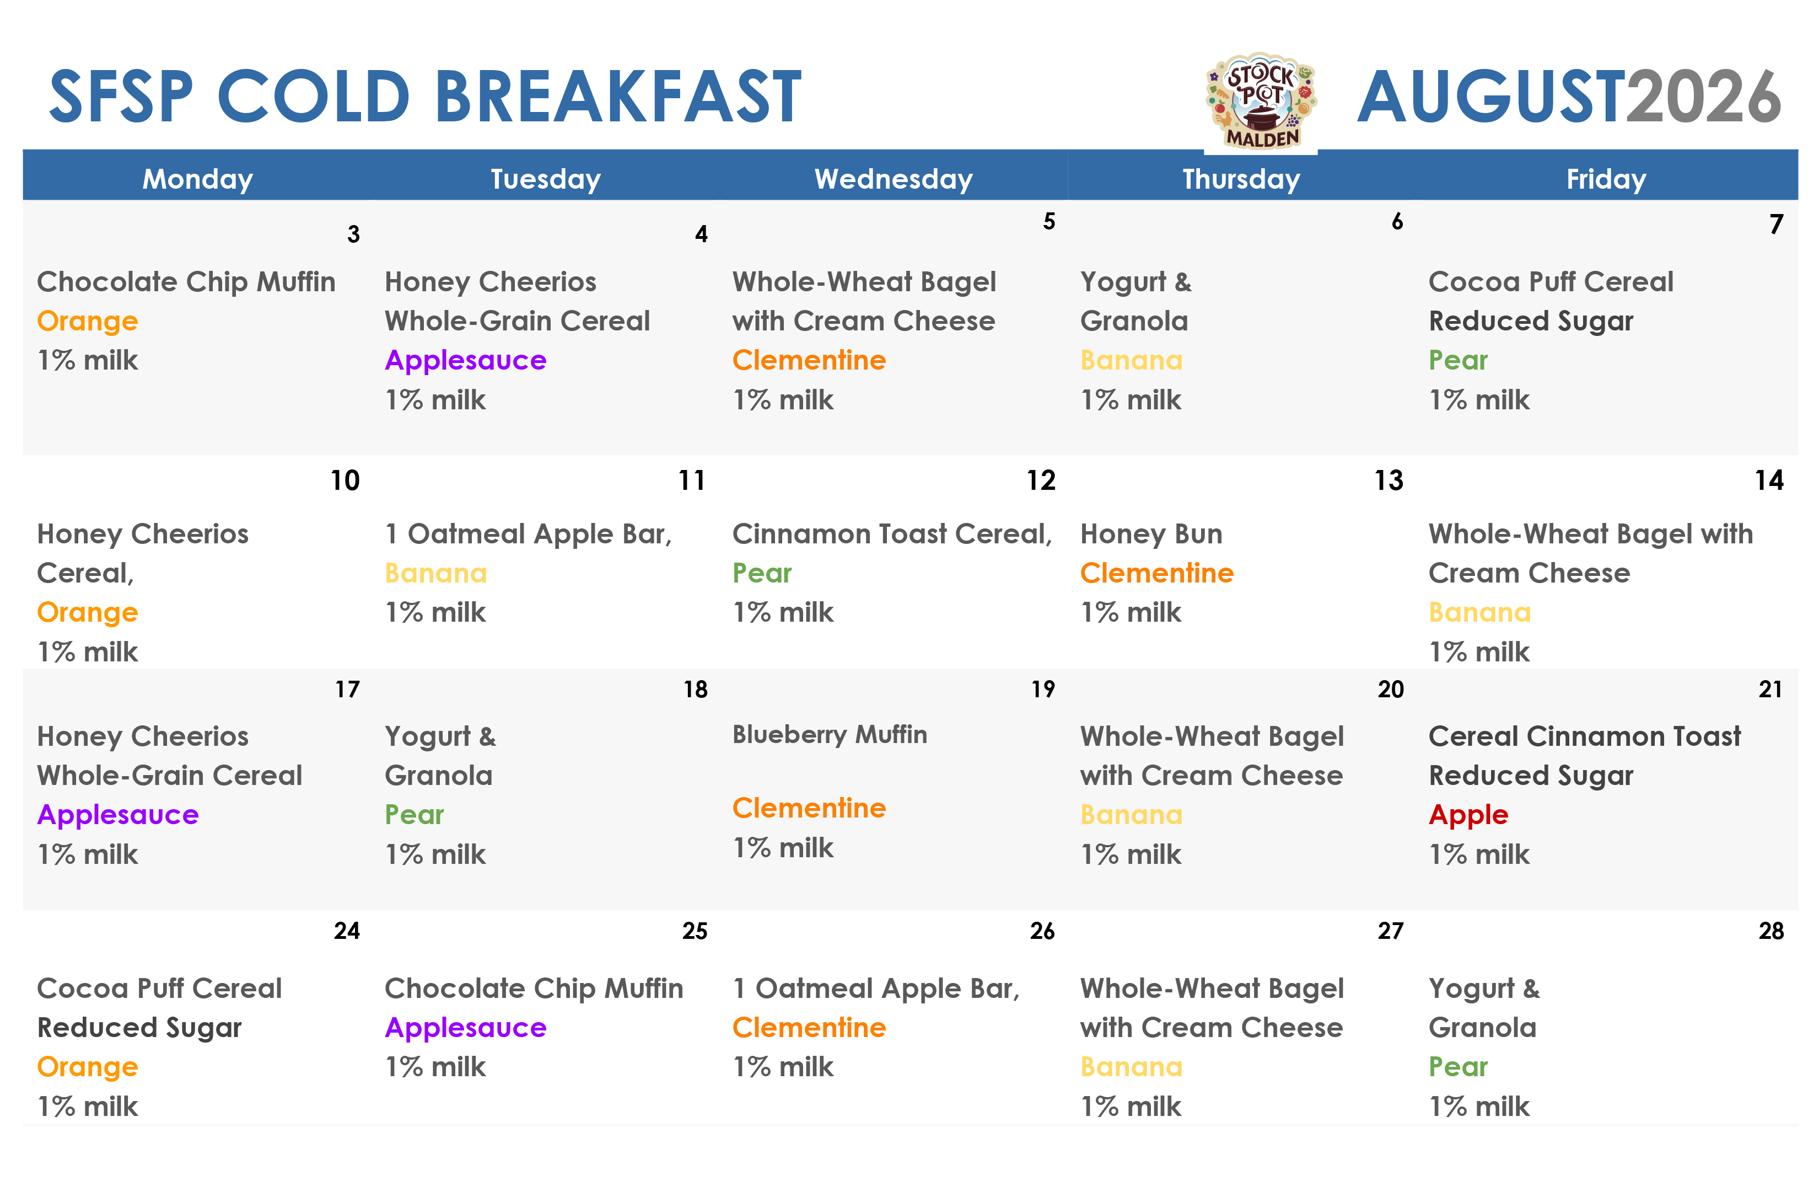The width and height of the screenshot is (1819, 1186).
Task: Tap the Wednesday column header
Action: (x=894, y=179)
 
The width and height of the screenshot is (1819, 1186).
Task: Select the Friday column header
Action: (x=1606, y=179)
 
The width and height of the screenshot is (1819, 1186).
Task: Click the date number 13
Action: (x=1389, y=480)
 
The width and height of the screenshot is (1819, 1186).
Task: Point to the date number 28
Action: (x=1771, y=931)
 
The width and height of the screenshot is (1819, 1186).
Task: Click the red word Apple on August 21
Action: (x=1468, y=816)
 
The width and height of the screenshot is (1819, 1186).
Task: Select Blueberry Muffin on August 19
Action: (x=829, y=735)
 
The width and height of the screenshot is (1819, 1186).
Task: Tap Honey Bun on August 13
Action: (x=1151, y=534)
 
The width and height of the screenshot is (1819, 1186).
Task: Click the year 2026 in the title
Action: (x=1704, y=97)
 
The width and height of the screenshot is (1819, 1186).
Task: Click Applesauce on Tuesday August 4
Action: (x=465, y=360)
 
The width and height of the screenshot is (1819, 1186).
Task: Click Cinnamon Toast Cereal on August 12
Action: (x=892, y=534)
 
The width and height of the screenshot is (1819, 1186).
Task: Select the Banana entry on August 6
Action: (x=1131, y=360)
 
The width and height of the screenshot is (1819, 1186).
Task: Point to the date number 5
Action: (x=1050, y=221)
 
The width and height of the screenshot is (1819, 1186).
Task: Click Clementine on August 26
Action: (x=809, y=1028)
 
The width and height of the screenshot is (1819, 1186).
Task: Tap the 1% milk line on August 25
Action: (x=435, y=1067)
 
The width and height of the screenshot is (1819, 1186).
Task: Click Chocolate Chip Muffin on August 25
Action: (x=534, y=989)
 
